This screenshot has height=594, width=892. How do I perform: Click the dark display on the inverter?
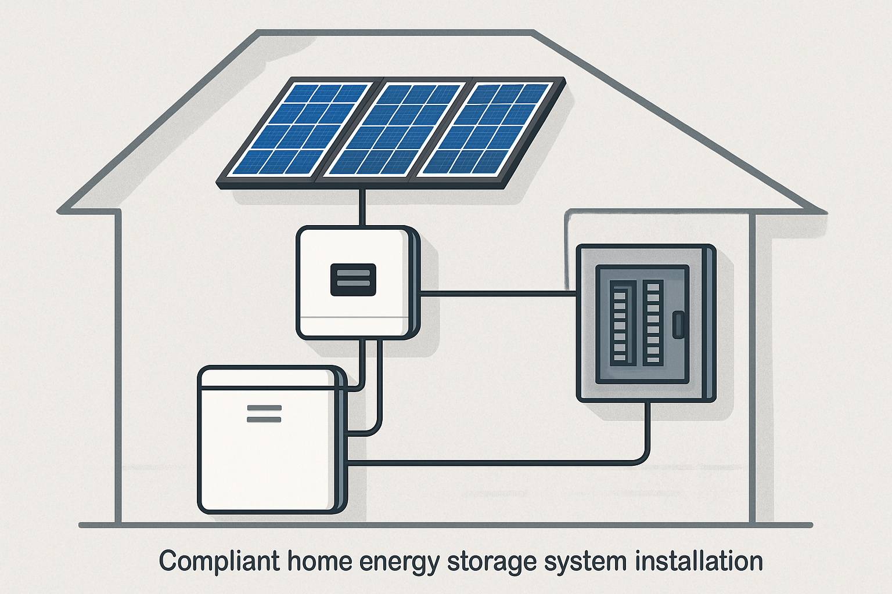coord(353,280)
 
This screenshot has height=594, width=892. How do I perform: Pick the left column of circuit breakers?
coord(620,323)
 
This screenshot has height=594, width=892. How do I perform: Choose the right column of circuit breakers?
coord(653,323)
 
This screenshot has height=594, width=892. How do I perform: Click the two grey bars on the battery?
coord(264,414)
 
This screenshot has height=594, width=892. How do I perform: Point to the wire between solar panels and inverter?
coord(362,208)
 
